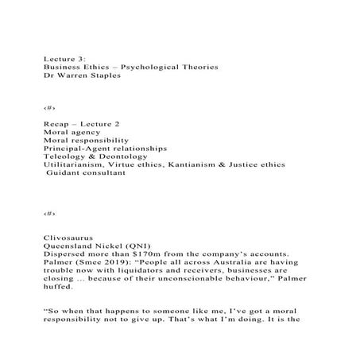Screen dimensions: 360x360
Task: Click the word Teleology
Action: click(67, 157)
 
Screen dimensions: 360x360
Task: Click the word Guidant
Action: click(65, 176)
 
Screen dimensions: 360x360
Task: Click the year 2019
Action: click(116, 265)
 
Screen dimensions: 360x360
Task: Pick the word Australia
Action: click(222, 265)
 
